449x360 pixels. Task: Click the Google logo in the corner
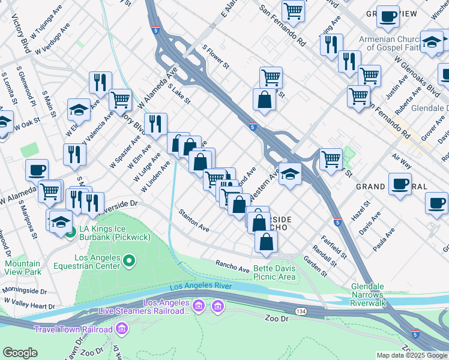coord(20,353)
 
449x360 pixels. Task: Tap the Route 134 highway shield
coord(301,311)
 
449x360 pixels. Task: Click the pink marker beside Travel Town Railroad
coord(122,329)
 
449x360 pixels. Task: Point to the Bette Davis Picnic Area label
coord(274,272)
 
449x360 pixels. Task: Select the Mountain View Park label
coord(23,268)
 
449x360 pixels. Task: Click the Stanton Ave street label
coord(194,221)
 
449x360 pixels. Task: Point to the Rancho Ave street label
coord(232,266)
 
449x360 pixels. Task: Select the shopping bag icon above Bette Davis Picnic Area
coord(266,241)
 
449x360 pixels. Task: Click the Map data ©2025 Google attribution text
coord(411,355)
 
